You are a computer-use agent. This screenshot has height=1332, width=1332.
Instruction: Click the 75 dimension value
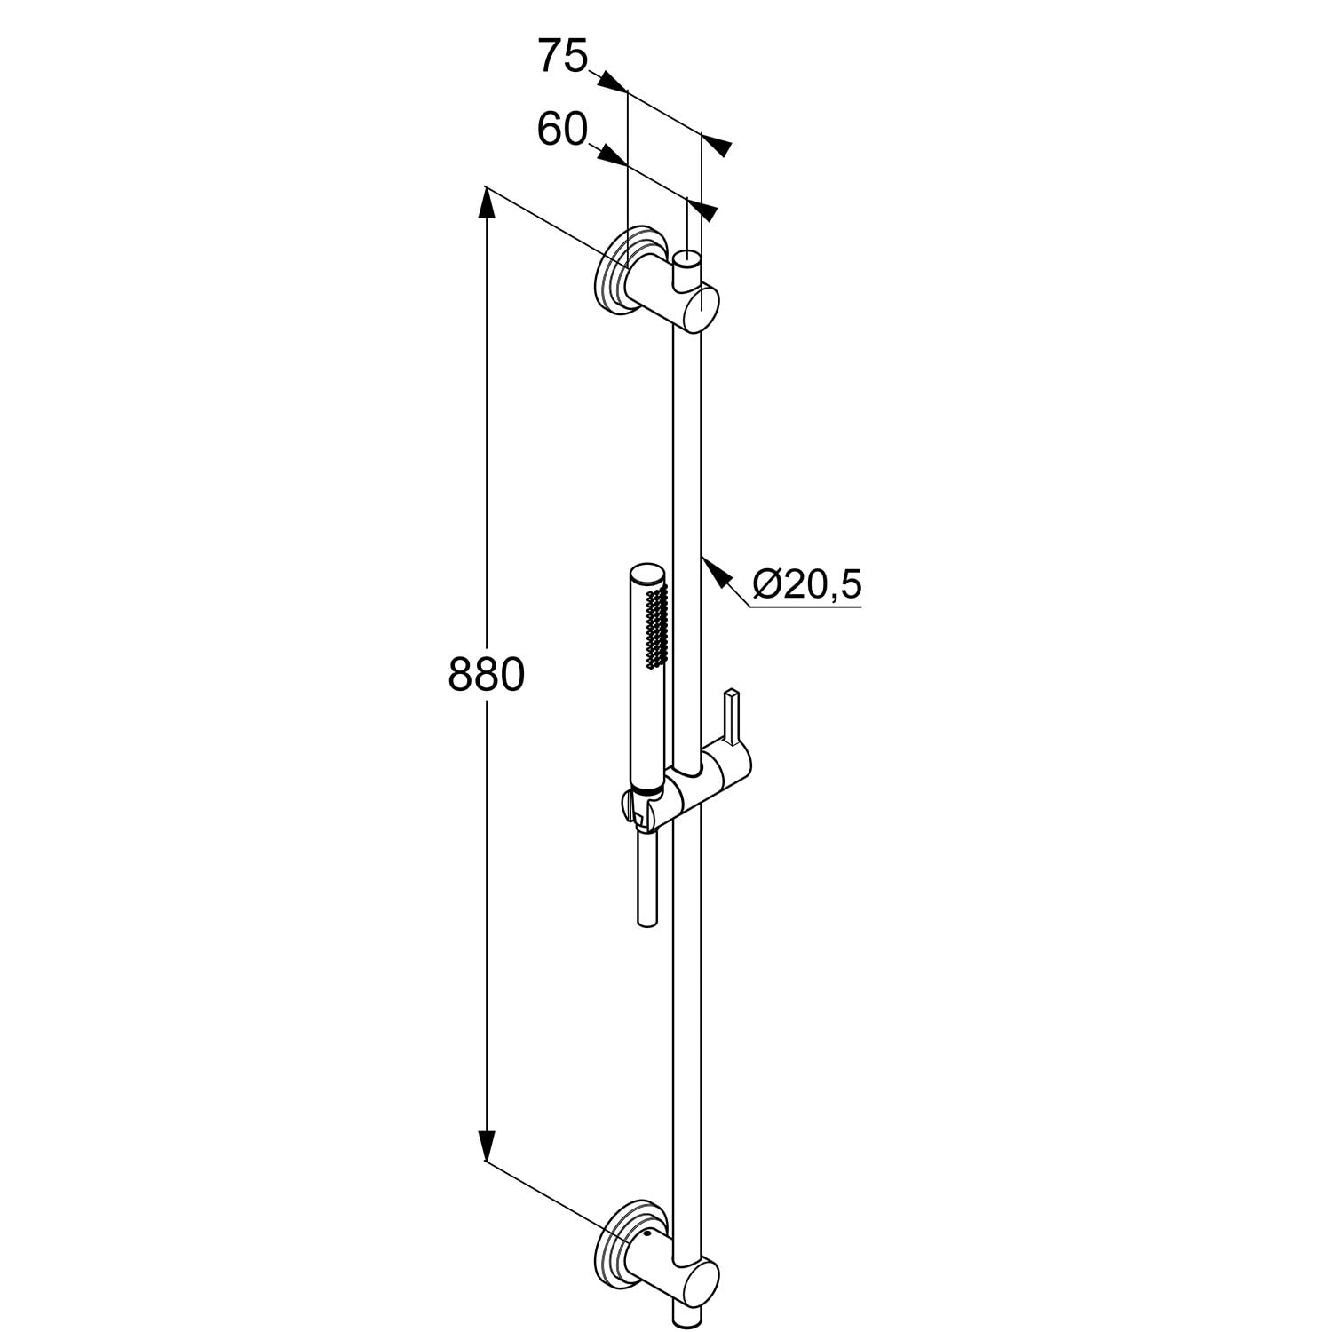[x=563, y=58]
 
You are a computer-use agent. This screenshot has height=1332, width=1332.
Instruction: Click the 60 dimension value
[x=562, y=131]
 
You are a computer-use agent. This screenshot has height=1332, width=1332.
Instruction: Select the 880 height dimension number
[x=486, y=675]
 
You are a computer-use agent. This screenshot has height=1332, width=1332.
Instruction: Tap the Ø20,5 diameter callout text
[x=807, y=584]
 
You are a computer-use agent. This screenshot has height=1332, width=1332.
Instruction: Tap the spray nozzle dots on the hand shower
[x=657, y=625]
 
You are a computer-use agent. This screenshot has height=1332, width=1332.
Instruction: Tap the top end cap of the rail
[x=687, y=259]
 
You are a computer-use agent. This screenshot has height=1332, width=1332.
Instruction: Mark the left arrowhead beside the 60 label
[x=611, y=155]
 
